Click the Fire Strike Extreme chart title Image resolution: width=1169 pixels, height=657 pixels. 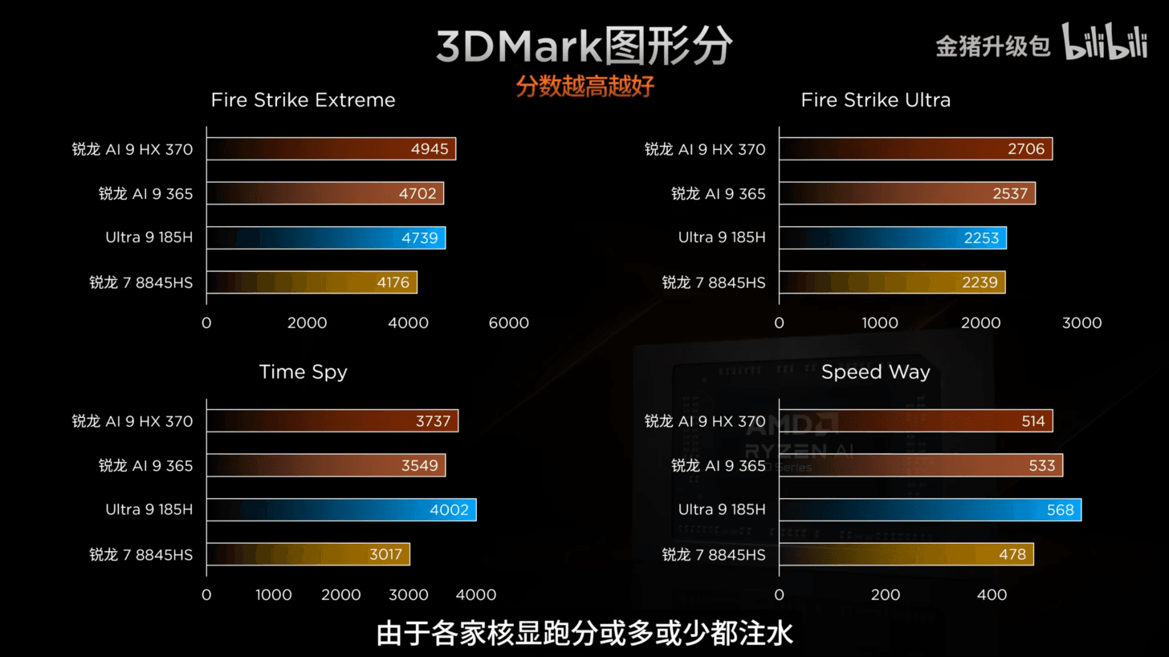303,100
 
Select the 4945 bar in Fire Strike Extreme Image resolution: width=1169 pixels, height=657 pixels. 331,149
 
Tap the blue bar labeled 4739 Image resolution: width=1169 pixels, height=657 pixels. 326,237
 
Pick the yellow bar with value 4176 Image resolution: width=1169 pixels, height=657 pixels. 312,282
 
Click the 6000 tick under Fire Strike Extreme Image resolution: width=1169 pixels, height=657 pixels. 508,323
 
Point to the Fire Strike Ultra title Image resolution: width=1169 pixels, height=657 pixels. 875,100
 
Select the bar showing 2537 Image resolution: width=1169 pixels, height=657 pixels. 906,193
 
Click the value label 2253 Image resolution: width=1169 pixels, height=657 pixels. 981,237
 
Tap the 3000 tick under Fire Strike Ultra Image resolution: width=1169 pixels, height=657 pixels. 1081,323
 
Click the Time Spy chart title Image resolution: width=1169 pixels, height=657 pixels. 303,372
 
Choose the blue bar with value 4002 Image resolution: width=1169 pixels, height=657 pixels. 341,509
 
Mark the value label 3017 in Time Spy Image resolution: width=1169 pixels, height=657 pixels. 385,554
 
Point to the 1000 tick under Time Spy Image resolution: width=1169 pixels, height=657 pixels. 273,595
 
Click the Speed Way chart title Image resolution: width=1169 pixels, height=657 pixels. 875,372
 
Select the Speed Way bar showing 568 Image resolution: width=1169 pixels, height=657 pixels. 930,509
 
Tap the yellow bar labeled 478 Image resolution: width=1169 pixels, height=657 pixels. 906,554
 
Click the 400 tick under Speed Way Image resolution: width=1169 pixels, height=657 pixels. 992,595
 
